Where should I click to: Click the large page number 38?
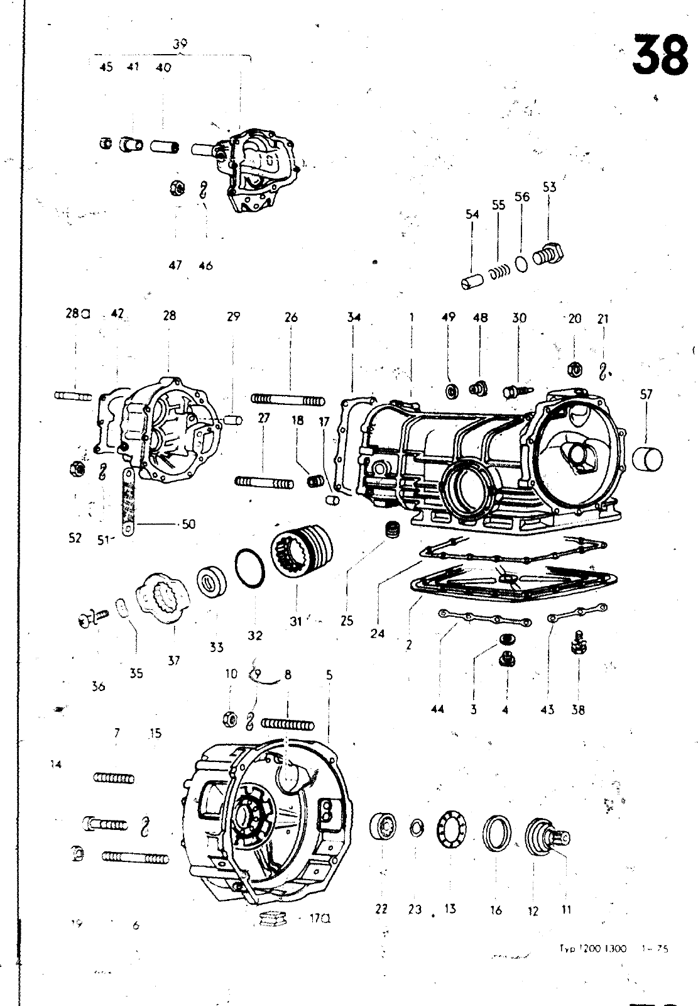pyautogui.click(x=660, y=55)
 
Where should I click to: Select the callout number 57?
pyautogui.click(x=646, y=394)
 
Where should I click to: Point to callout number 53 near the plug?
pyautogui.click(x=549, y=187)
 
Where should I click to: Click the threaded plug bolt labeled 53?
pyautogui.click(x=548, y=253)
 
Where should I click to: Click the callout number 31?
pyautogui.click(x=296, y=621)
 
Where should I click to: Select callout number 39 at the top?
pyautogui.click(x=180, y=44)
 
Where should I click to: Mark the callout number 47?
pyautogui.click(x=175, y=265)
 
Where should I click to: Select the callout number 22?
pyautogui.click(x=381, y=909)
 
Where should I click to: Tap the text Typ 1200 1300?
pyautogui.click(x=592, y=949)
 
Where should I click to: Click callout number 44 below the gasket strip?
pyautogui.click(x=438, y=709)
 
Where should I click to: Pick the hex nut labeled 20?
pyautogui.click(x=574, y=370)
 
